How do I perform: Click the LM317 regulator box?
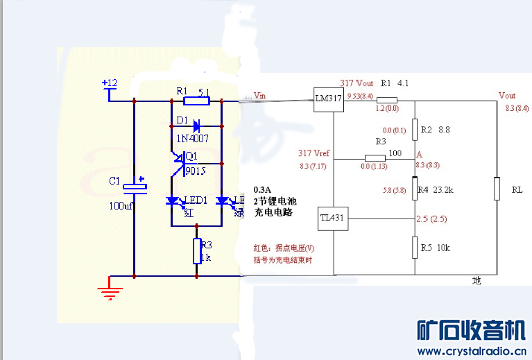tap(328, 99)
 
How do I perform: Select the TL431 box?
tap(331, 218)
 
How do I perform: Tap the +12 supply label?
tap(110, 83)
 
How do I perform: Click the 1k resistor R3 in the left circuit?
tap(197, 250)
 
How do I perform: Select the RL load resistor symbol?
tap(497, 189)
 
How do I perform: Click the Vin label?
tap(261, 95)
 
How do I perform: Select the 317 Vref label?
tap(314, 153)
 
